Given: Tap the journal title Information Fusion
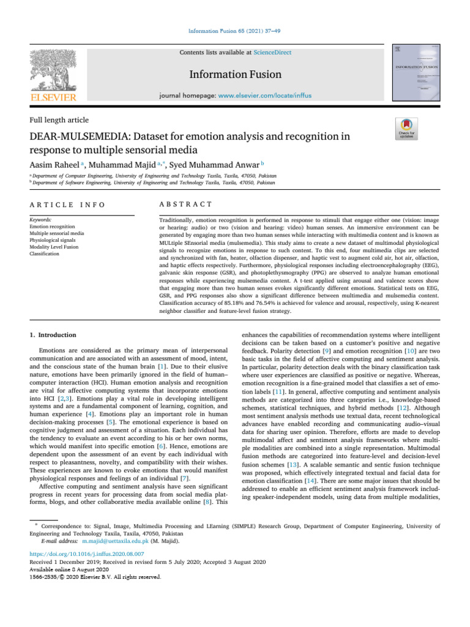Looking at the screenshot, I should pyautogui.click(x=234, y=75).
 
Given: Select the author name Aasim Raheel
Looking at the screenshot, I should pyautogui.click(x=56, y=164).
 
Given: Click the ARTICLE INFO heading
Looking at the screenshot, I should pyautogui.click(x=59, y=204).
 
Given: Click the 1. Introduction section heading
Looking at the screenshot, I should pyautogui.click(x=54, y=335).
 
